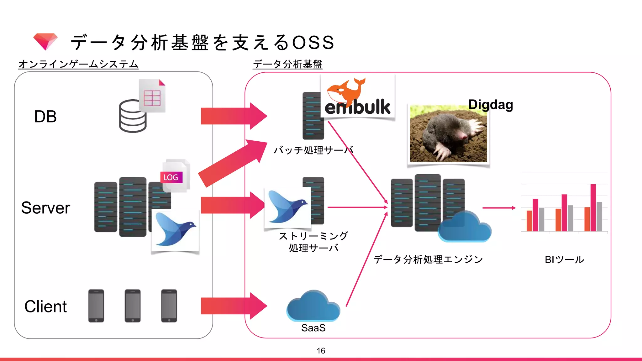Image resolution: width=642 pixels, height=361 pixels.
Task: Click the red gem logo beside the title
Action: coord(45,41)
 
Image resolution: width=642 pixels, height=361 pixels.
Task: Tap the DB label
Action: coord(45,117)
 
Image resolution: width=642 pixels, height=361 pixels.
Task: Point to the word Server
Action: coord(46,208)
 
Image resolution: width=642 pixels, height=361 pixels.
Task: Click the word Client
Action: coord(46,306)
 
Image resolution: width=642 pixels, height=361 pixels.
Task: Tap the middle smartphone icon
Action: coord(133,306)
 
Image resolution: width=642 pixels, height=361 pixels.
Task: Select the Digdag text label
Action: coord(491,105)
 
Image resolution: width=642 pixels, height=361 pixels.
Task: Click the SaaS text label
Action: coord(313,328)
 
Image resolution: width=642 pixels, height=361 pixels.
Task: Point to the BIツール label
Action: coord(564,259)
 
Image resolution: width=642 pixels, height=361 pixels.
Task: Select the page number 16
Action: coord(321,351)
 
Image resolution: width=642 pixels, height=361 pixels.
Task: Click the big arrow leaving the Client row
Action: coord(234,306)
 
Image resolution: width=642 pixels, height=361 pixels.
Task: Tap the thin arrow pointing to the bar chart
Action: coord(498,208)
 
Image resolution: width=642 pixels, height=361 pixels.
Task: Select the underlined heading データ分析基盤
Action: coord(287,64)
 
